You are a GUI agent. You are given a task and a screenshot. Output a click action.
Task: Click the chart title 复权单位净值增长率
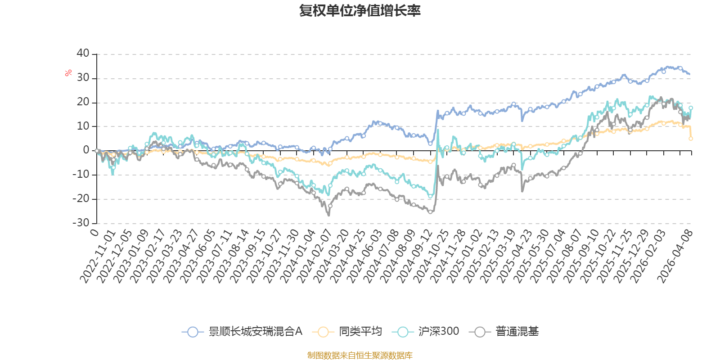pos(360,11)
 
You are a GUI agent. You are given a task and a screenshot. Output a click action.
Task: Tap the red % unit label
pos(68,72)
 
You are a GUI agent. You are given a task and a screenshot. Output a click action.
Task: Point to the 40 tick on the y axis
pos(83,54)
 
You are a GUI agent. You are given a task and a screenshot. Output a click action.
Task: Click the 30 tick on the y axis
pos(83,78)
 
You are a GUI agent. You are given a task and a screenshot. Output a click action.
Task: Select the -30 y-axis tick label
pos(81,223)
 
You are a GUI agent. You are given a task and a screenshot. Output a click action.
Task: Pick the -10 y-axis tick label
pos(81,175)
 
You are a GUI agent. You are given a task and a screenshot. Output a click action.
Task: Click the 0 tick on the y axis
pos(86,150)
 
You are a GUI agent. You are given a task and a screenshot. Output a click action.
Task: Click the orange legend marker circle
pos(323,332)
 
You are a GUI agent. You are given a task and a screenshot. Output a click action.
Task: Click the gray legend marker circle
pos(480,332)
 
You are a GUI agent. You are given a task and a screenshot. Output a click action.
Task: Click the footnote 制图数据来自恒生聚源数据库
pos(360,355)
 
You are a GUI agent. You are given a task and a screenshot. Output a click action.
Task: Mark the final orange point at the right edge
pos(691,139)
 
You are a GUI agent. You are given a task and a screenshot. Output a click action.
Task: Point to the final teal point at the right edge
pos(691,108)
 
